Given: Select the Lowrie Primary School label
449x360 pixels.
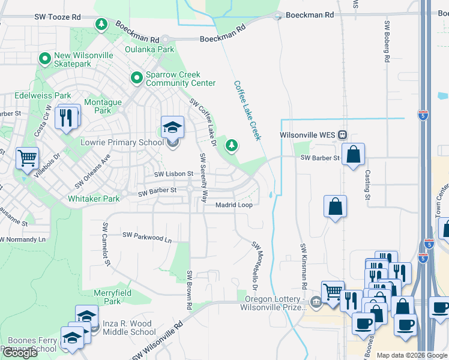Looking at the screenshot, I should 122,142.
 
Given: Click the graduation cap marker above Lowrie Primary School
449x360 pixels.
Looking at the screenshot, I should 172,127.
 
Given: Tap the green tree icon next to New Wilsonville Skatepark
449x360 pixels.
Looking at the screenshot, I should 44,59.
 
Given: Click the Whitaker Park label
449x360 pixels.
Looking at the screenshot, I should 94,199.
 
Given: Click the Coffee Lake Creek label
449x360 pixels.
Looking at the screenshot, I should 247,111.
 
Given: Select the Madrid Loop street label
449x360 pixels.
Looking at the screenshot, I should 234,205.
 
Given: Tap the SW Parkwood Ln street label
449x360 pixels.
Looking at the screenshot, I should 147,237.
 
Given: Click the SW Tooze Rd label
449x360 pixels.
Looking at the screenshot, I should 58,18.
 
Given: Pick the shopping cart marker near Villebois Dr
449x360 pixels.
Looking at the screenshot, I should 27,159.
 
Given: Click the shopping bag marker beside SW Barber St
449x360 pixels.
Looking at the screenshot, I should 354,154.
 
